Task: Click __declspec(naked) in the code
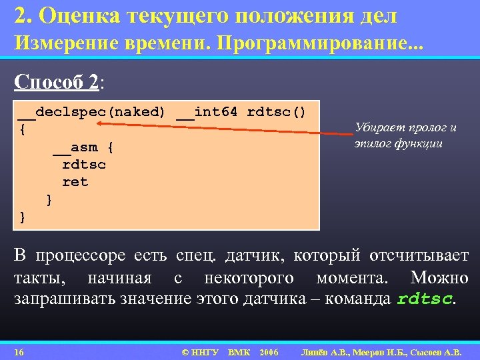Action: click(x=91, y=112)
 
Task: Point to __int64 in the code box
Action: click(x=207, y=112)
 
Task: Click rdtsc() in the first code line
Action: click(x=277, y=112)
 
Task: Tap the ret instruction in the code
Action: click(x=75, y=181)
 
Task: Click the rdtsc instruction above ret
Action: click(x=84, y=164)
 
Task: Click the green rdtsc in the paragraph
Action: click(x=425, y=299)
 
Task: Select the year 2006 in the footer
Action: click(x=269, y=351)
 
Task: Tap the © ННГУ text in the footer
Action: click(x=200, y=351)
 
